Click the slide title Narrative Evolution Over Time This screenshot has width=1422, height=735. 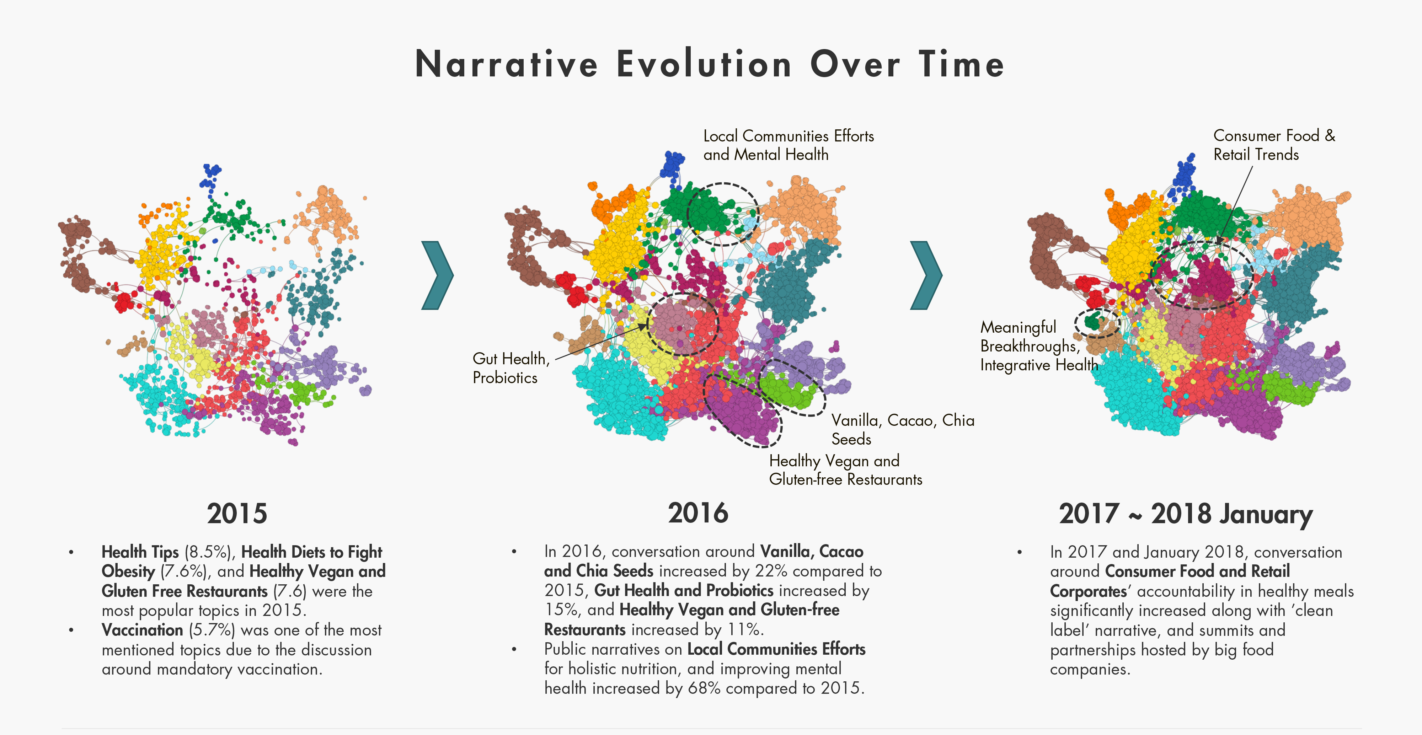pos(709,64)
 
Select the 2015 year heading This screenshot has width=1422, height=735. pos(237,514)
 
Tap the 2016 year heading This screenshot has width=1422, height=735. pos(698,513)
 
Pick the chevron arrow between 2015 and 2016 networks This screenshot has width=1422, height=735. pos(437,275)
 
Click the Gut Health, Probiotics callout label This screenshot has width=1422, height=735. pos(510,368)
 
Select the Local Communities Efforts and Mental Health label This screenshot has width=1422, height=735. pos(788,145)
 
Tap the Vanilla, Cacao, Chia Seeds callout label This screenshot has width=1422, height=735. pos(903,429)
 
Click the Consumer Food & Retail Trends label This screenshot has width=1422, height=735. pos(1274,145)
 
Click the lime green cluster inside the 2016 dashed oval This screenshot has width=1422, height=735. pos(787,390)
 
